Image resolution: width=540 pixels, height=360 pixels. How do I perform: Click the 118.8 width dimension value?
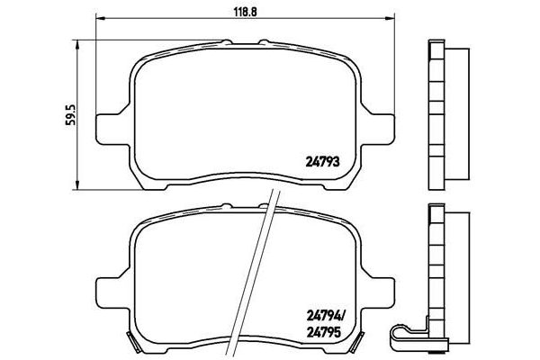click(246, 12)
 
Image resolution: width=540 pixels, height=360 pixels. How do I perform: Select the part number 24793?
click(323, 162)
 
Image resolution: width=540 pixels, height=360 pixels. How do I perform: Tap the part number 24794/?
click(325, 315)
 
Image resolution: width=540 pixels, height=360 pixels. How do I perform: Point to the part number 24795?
click(323, 332)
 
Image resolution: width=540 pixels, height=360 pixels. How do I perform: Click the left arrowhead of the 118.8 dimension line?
click(100, 18)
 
